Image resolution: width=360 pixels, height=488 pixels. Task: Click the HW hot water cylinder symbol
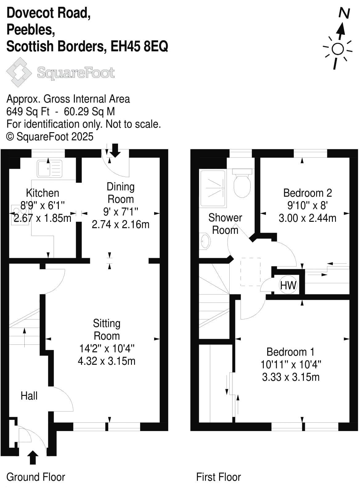[288, 285]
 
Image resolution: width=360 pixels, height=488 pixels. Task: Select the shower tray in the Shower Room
[213, 188]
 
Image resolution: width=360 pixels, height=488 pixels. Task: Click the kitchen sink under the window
[50, 169]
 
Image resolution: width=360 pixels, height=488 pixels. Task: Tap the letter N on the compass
[344, 14]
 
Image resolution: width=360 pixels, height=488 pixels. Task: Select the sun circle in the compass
[337, 49]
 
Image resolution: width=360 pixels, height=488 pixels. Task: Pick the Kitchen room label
[43, 193]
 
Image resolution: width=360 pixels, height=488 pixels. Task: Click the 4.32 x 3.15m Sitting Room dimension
[107, 361]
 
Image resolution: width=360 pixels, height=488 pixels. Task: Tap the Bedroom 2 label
[307, 193]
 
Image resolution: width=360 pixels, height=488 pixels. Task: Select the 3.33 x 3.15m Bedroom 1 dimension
[291, 377]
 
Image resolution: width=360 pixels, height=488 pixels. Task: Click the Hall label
[29, 396]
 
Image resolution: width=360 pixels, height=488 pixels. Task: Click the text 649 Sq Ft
[28, 111]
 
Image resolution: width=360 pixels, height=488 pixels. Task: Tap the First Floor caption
[218, 477]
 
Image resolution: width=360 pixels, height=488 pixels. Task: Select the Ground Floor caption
[36, 477]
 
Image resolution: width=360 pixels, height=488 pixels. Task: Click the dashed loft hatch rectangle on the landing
[250, 272]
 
